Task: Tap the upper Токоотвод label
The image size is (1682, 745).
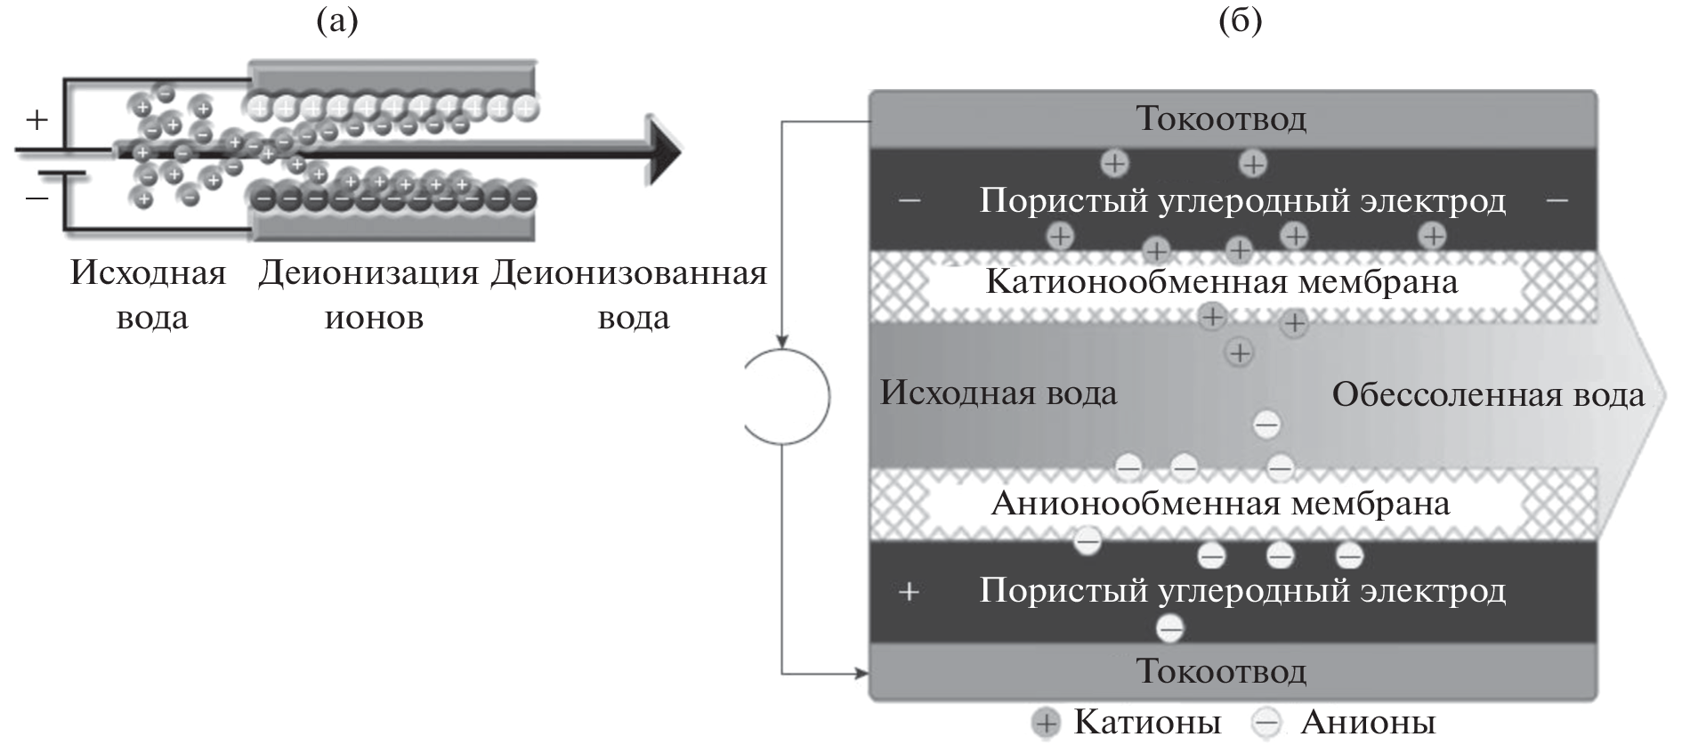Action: (1221, 118)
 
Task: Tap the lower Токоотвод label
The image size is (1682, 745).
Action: (1221, 671)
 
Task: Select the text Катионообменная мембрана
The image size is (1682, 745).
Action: (1221, 283)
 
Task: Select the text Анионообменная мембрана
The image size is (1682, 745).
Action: (1221, 504)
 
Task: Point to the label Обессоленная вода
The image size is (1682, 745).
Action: (1488, 395)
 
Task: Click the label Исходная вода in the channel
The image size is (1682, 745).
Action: (999, 393)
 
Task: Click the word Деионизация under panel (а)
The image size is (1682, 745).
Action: (368, 273)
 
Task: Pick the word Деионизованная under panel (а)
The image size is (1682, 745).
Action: (628, 273)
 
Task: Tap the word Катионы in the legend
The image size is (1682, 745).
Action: (1147, 722)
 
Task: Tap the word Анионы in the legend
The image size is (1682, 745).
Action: (1369, 722)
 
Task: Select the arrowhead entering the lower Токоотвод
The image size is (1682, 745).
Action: (861, 673)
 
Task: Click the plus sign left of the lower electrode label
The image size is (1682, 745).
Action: (909, 592)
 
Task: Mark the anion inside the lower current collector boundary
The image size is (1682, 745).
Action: (1170, 629)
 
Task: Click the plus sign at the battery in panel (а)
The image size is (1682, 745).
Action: (36, 119)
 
